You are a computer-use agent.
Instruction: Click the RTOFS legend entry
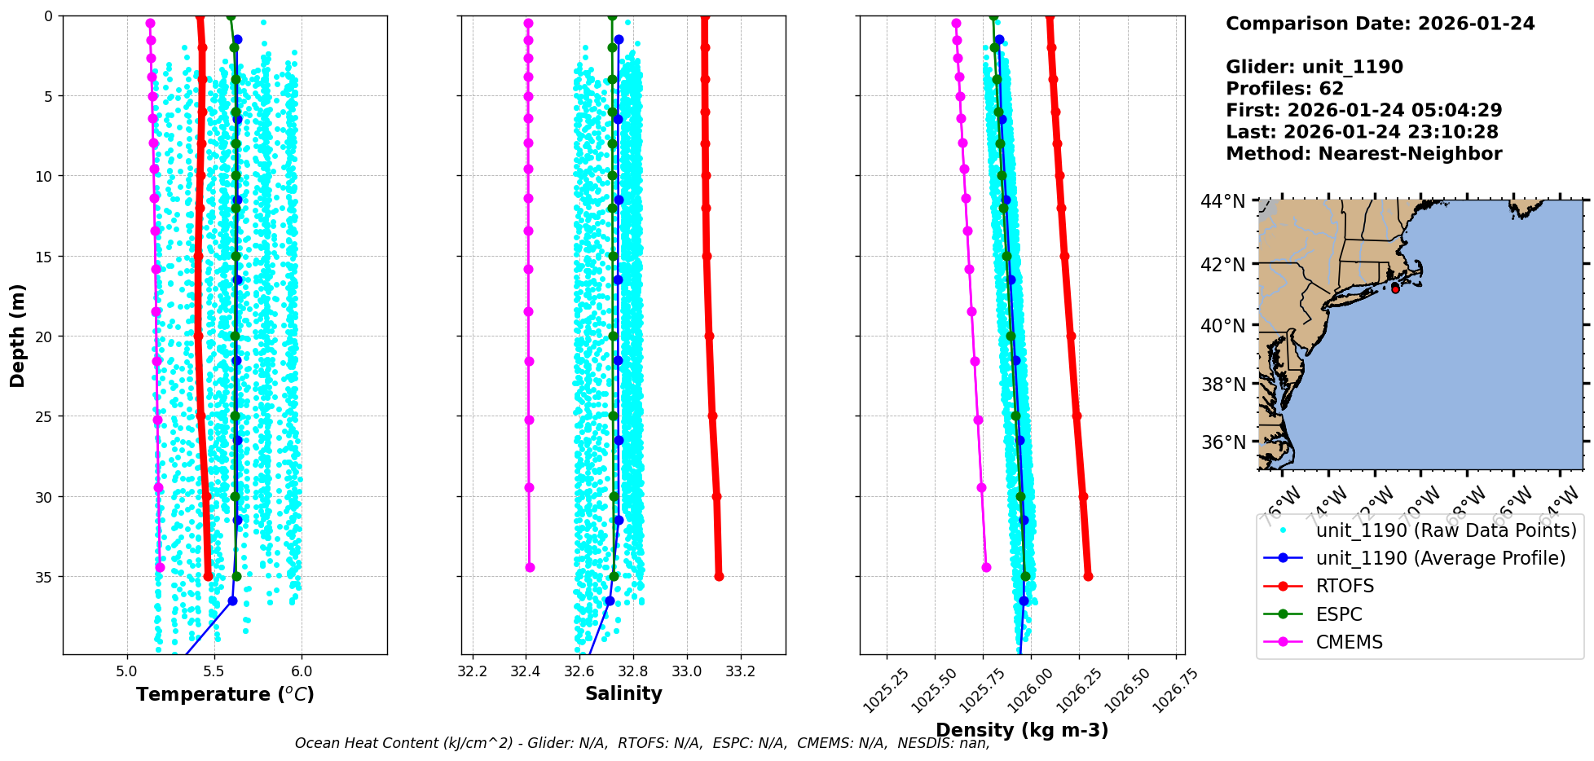(1345, 587)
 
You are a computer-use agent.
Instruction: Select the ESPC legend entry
(1339, 614)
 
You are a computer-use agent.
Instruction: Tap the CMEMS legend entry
(1349, 642)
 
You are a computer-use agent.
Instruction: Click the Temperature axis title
(225, 694)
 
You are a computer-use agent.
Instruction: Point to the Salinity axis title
(623, 693)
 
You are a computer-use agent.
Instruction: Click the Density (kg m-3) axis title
(1022, 730)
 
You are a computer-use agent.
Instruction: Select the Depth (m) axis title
(18, 336)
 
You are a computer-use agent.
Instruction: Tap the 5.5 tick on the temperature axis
(214, 671)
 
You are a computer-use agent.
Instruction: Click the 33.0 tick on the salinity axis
(687, 671)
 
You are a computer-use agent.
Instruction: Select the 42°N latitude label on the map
(1223, 264)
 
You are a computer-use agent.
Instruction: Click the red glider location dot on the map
(1395, 289)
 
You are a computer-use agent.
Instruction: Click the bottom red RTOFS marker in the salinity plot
(719, 576)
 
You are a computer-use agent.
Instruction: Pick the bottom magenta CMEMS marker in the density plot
(986, 567)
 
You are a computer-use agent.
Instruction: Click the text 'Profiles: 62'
(1284, 89)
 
